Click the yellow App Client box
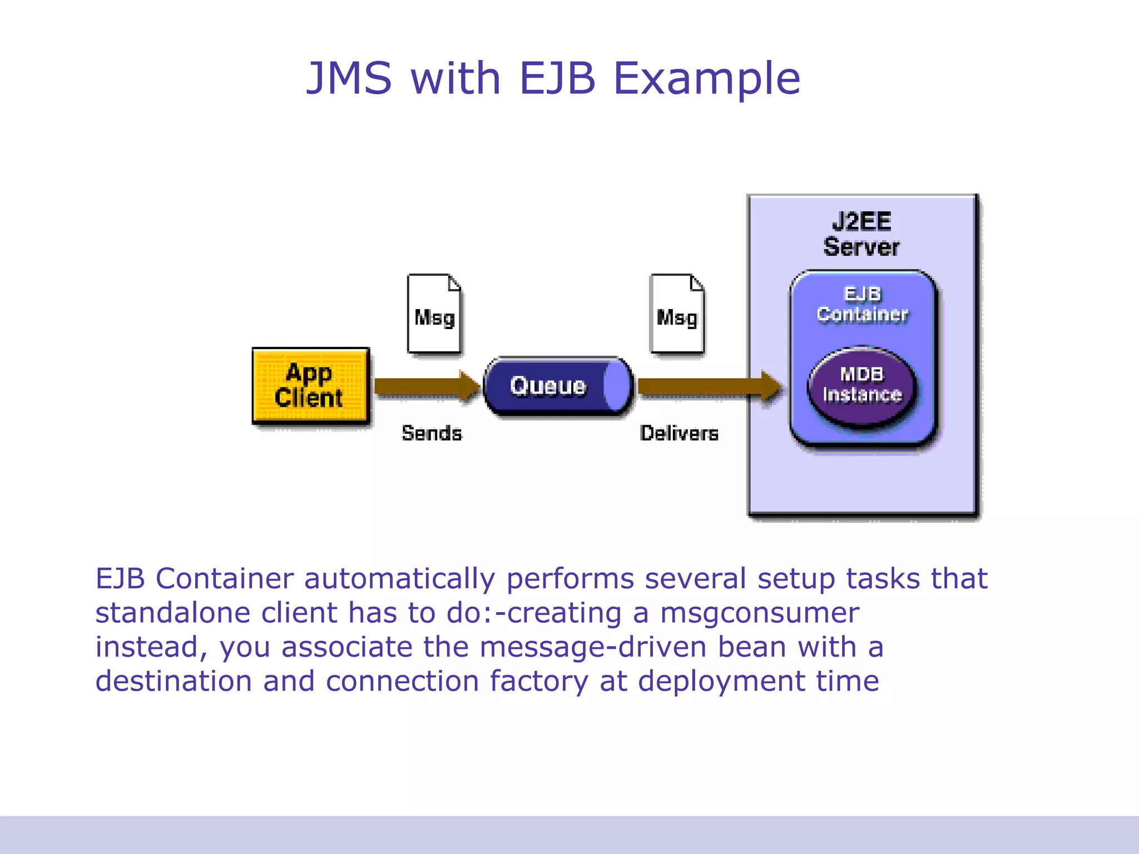tap(310, 386)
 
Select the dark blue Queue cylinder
tap(548, 386)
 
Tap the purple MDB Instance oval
tap(861, 385)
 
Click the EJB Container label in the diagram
tap(862, 304)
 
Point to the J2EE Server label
tap(861, 234)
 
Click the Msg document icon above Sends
tap(434, 314)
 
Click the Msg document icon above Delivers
tap(677, 314)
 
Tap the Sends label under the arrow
tap(432, 433)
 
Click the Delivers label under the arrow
tap(679, 433)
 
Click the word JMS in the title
tap(349, 78)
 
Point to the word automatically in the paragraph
tap(399, 579)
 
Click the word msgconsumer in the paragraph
tap(760, 613)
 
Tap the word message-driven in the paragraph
tap(592, 647)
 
